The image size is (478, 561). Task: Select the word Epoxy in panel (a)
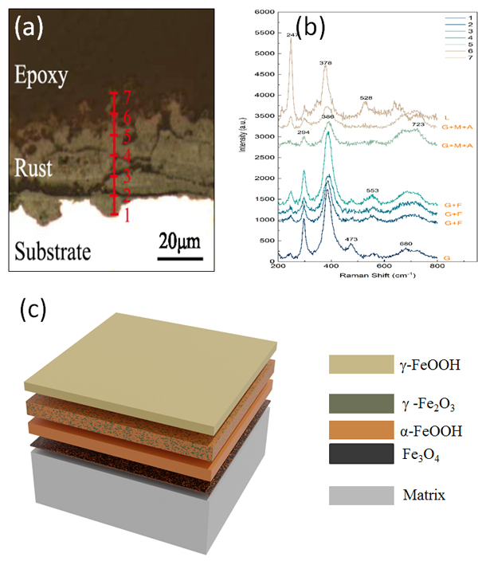pos(41,76)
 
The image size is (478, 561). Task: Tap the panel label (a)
pos(30,29)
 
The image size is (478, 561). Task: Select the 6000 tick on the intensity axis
pos(266,12)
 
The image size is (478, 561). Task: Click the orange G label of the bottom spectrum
pos(446,257)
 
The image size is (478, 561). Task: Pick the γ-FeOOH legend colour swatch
pos(360,365)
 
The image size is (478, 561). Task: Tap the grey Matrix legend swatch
pos(360,495)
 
